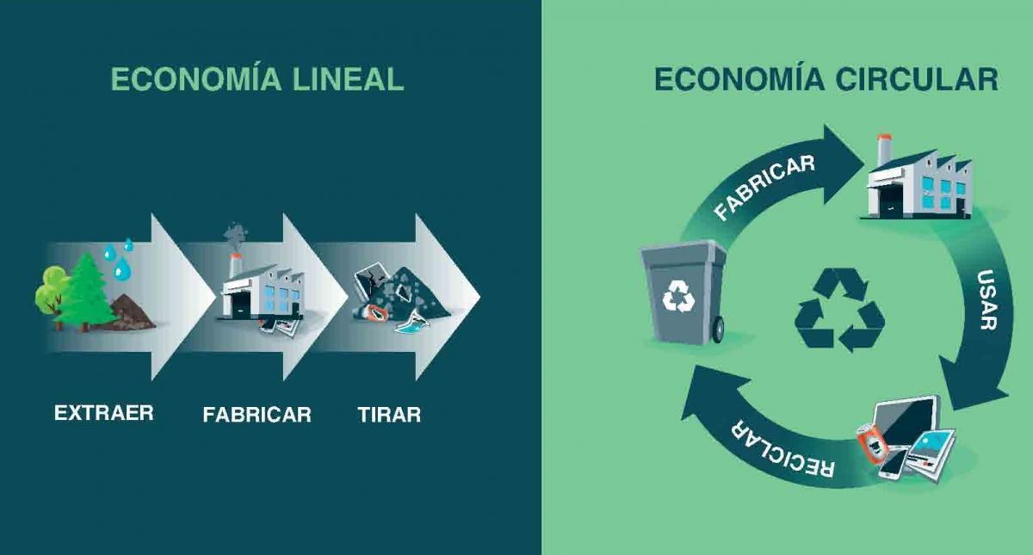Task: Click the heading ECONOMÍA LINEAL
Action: [257, 79]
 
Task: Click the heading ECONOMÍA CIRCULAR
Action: [826, 79]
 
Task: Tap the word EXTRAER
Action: [104, 412]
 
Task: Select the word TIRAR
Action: [389, 415]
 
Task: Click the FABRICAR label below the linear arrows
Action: [257, 415]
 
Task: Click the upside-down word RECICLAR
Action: [782, 449]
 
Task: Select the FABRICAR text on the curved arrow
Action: [764, 187]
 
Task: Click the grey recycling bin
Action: [684, 293]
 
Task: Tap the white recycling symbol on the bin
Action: [678, 296]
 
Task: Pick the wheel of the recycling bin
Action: [718, 329]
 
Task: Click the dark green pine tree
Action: [85, 292]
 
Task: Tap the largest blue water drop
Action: [121, 268]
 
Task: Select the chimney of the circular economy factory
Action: [883, 150]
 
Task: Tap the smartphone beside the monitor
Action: [893, 462]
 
